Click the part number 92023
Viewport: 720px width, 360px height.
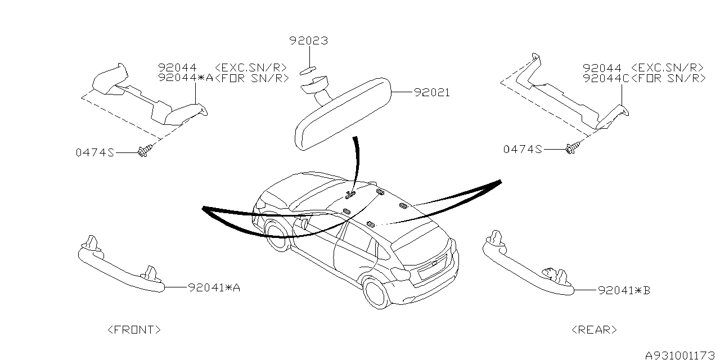coord(309,41)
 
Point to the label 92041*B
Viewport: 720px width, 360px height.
coord(624,291)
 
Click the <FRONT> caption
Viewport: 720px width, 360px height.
coord(134,330)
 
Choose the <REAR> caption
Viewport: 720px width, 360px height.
coord(593,330)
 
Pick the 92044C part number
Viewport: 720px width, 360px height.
coord(606,78)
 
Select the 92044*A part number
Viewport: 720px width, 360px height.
coord(186,78)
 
